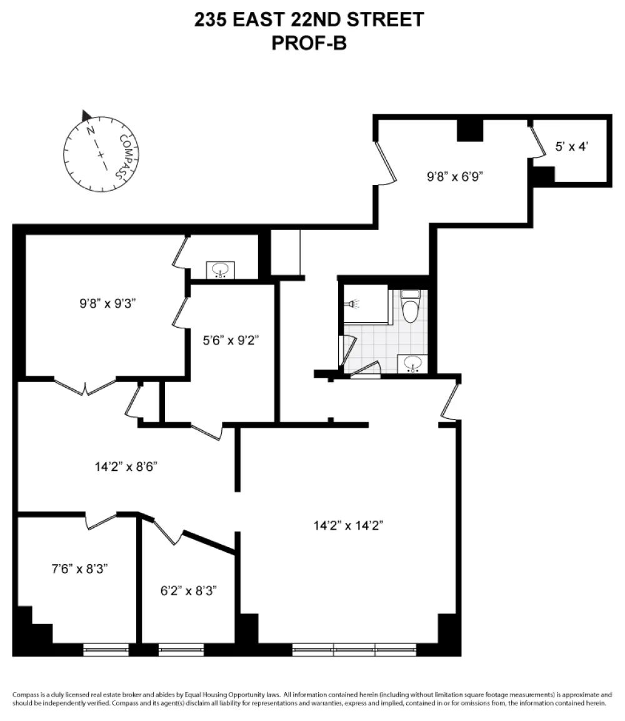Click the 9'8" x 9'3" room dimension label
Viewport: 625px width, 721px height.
click(107, 303)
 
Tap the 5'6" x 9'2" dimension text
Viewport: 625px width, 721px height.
click(231, 340)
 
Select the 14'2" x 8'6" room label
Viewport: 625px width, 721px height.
click(126, 466)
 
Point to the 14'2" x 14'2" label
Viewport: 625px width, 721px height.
click(348, 525)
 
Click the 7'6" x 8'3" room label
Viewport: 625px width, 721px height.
click(79, 569)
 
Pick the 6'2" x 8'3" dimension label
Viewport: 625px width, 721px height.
click(188, 590)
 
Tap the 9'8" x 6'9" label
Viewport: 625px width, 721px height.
click(455, 176)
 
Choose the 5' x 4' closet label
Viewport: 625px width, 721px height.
click(572, 147)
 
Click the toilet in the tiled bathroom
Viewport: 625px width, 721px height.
click(410, 305)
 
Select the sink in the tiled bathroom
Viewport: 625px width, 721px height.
click(412, 363)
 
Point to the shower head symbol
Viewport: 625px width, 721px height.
click(353, 304)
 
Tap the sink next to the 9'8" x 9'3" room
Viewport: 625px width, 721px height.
click(221, 270)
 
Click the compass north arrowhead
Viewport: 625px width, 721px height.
click(86, 116)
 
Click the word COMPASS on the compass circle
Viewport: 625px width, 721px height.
click(125, 156)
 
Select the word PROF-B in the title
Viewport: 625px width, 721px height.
click(309, 43)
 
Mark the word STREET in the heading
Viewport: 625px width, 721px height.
click(384, 20)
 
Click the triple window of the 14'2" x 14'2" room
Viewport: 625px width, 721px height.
click(354, 649)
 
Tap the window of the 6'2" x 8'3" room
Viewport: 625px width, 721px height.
click(181, 649)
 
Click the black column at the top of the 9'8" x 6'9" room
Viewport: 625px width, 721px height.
click(469, 130)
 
